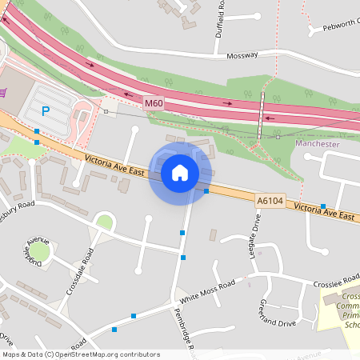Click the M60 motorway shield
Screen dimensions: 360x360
point(154,104)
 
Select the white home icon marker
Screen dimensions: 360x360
point(180,172)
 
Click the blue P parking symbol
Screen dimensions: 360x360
point(46,111)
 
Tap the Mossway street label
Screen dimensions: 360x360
point(242,56)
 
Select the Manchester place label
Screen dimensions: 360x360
point(318,144)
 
